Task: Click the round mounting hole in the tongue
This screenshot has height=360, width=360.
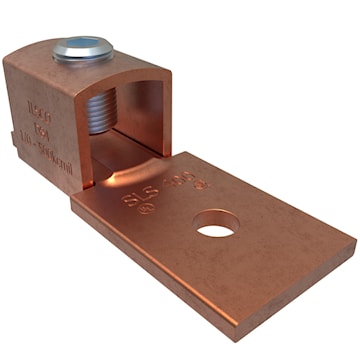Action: point(213,229)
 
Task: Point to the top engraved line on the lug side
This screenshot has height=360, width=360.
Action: point(39,103)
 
